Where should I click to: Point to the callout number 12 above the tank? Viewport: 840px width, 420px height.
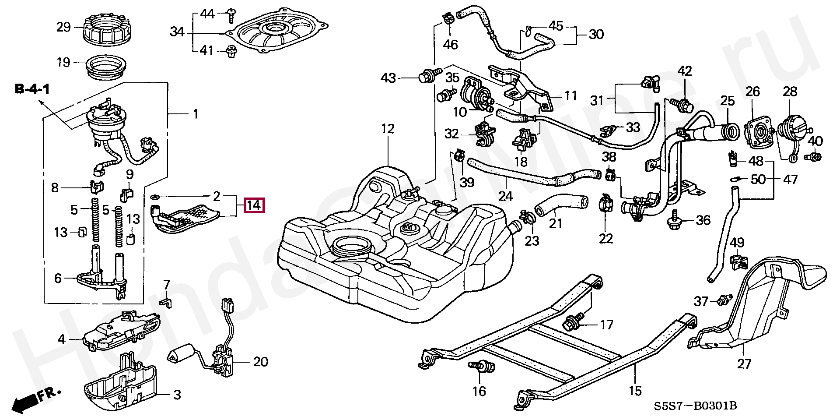(x=388, y=129)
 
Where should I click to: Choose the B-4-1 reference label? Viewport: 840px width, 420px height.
(x=33, y=90)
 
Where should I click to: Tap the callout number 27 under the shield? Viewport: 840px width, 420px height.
(x=744, y=364)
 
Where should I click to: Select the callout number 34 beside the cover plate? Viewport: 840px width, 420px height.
(x=177, y=32)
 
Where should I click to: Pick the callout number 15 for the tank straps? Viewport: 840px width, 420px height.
(x=635, y=391)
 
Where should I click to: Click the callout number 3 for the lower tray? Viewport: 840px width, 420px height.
(x=177, y=395)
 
